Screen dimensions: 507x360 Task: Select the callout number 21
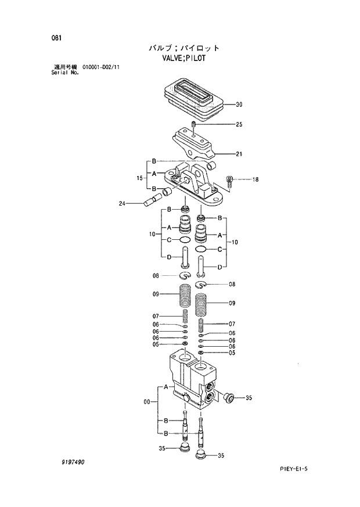coord(239,154)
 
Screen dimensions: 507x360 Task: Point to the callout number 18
coord(255,179)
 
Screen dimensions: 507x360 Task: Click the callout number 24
coord(122,203)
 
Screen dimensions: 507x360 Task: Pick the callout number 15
coord(139,178)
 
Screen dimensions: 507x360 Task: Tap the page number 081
coord(56,38)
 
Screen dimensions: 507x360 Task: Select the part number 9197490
coord(72,462)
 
